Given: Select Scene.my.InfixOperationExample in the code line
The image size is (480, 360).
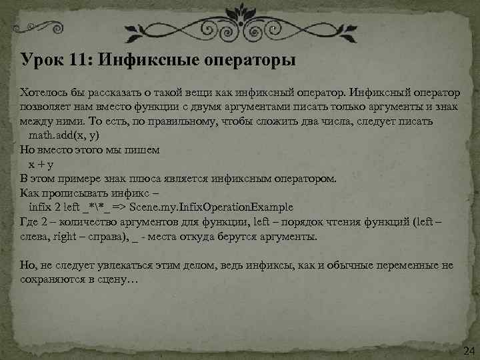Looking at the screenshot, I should pos(224,207).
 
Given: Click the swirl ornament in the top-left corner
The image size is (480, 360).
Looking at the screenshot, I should pos(40,29).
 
